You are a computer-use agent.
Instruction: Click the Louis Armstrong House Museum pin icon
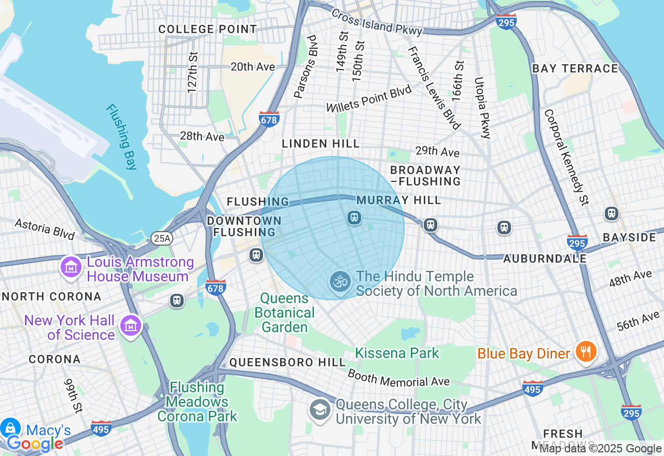pos(71,267)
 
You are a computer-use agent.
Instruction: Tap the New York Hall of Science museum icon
pos(130,326)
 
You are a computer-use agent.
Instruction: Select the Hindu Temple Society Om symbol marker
pos(340,282)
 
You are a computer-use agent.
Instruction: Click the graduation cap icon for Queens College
pos(320,410)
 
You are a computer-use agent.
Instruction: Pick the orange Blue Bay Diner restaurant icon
pos(586,352)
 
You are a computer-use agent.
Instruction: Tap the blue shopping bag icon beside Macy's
pos(9,428)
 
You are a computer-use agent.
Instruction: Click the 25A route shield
pos(162,238)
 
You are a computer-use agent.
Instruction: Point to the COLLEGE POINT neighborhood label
pos(208,29)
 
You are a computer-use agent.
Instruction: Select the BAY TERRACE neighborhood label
pos(575,68)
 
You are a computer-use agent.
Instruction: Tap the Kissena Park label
pos(397,353)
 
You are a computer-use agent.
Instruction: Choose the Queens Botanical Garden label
pos(285,312)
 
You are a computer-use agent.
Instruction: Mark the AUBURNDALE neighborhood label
pos(545,258)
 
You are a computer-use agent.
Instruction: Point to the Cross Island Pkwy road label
pos(377,22)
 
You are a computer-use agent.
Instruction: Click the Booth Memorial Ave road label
pos(398,378)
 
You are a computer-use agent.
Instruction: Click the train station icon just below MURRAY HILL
pos(354,218)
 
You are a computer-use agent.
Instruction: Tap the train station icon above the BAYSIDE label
pos(612,213)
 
